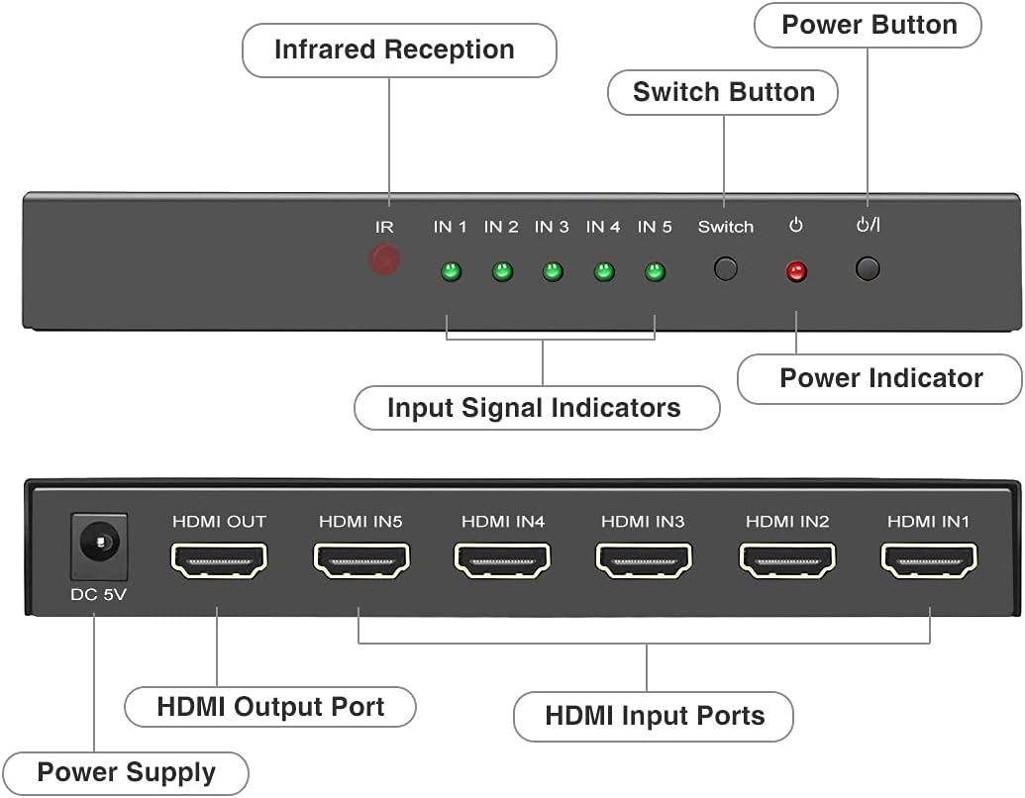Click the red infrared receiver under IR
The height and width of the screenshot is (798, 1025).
pyautogui.click(x=384, y=260)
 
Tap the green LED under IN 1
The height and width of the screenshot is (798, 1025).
pyautogui.click(x=450, y=271)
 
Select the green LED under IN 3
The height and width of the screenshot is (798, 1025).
pyautogui.click(x=552, y=271)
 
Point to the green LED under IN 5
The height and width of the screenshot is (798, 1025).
pyautogui.click(x=655, y=271)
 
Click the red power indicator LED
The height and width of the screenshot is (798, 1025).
pyautogui.click(x=796, y=272)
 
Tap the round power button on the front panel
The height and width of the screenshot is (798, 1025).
pyautogui.click(x=868, y=268)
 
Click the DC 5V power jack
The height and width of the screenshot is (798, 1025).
pyautogui.click(x=99, y=546)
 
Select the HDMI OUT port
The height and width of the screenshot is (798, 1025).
pyautogui.click(x=219, y=560)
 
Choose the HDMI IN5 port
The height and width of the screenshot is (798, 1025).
pyautogui.click(x=361, y=560)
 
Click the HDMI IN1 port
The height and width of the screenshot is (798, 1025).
pyautogui.click(x=929, y=560)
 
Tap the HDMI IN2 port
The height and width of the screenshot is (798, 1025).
pyautogui.click(x=786, y=560)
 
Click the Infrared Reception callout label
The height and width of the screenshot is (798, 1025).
pyautogui.click(x=394, y=50)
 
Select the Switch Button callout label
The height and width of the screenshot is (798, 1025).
pyautogui.click(x=724, y=92)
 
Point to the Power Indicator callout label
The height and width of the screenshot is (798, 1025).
pyautogui.click(x=880, y=378)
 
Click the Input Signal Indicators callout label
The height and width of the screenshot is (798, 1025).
pyautogui.click(x=534, y=408)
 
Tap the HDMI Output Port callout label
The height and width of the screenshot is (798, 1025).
pyautogui.click(x=270, y=707)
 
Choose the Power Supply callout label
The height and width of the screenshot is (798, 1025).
pyautogui.click(x=126, y=772)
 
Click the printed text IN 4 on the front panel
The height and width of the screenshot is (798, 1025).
pyautogui.click(x=602, y=227)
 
